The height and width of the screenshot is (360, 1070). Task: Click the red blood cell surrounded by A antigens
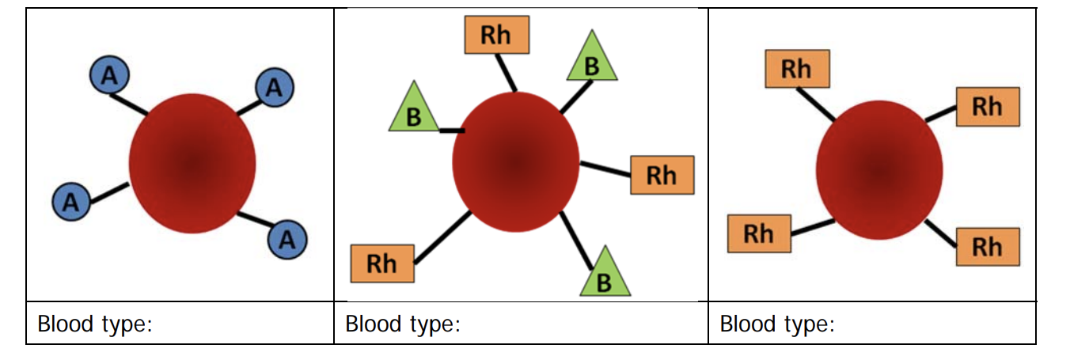click(x=192, y=164)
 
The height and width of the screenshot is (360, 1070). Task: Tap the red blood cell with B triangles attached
click(x=515, y=161)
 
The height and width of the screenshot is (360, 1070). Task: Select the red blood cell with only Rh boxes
click(x=879, y=169)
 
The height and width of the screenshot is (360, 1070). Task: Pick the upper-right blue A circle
click(x=274, y=88)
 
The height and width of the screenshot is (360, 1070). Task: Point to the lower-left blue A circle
click(x=71, y=202)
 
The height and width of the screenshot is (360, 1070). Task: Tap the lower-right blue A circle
click(x=287, y=238)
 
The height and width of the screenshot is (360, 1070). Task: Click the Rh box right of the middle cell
click(x=662, y=175)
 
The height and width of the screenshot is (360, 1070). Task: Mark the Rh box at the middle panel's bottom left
click(x=381, y=263)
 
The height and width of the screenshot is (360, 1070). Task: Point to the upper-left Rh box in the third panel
click(x=797, y=69)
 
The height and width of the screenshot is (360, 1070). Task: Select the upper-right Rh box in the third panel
click(x=987, y=107)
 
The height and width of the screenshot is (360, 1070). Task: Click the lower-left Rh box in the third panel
click(x=758, y=233)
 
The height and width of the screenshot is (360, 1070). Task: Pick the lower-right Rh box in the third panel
click(x=987, y=247)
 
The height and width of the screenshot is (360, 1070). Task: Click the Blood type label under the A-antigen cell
click(x=94, y=324)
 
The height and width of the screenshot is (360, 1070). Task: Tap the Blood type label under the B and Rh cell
click(x=403, y=324)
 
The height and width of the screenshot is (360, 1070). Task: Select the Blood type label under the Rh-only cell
click(x=777, y=324)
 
